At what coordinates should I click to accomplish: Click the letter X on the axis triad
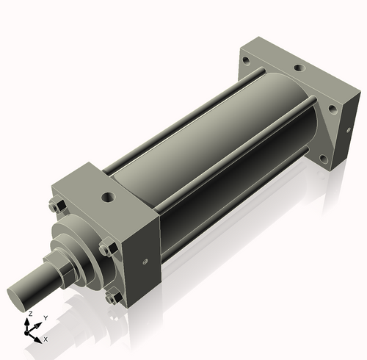(46, 339)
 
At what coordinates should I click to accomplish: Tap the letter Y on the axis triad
(46, 318)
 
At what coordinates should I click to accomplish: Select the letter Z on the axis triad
(30, 314)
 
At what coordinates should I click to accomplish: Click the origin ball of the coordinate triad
(26, 333)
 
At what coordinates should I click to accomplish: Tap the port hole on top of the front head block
(108, 197)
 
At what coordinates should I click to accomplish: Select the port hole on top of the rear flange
(299, 68)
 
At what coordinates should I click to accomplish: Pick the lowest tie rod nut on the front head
(113, 297)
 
